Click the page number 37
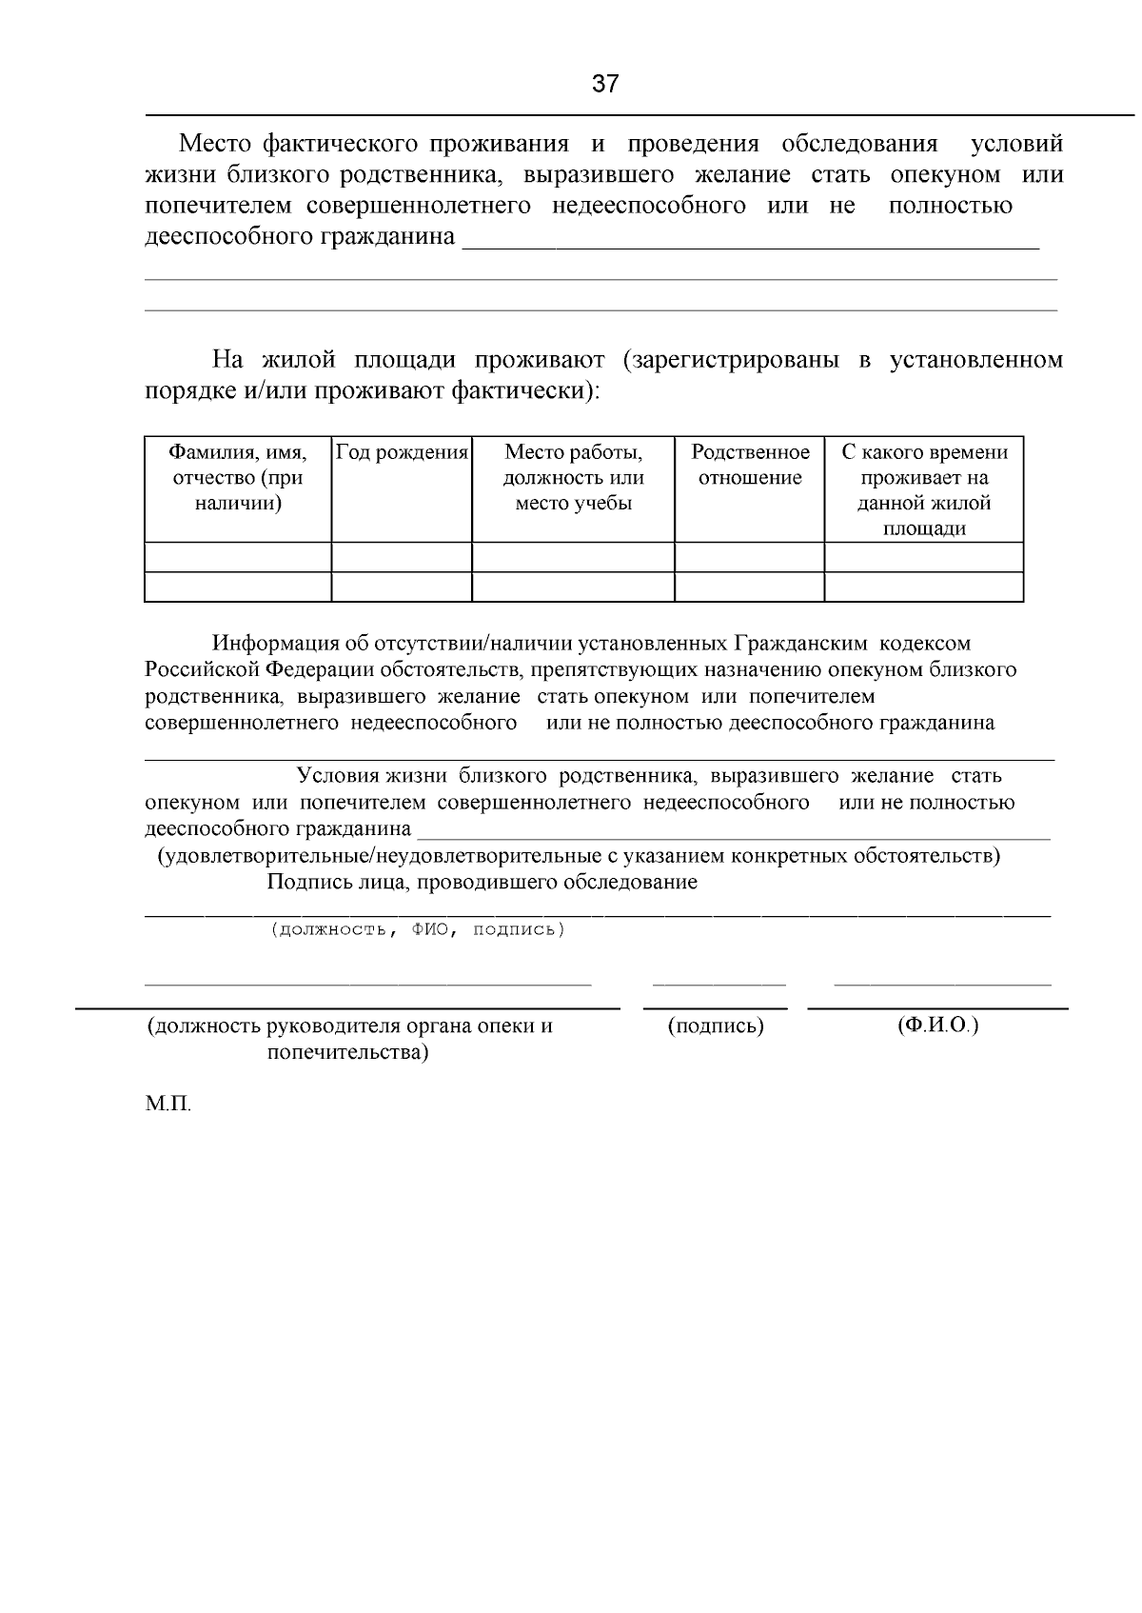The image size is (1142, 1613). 605,84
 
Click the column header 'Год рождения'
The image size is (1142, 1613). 402,452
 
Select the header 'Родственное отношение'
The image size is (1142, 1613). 750,465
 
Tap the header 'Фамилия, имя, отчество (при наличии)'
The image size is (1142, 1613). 238,477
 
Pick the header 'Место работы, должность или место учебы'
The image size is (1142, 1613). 573,477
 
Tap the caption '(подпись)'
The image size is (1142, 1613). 716,1026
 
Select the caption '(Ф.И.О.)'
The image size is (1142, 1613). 937,1026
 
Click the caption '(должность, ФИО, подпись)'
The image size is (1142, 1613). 418,929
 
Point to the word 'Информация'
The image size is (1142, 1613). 275,644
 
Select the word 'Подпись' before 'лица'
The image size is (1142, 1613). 301,882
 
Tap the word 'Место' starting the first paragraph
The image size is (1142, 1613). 215,144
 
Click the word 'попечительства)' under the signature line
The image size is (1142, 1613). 347,1052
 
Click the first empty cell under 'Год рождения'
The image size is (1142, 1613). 402,557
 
